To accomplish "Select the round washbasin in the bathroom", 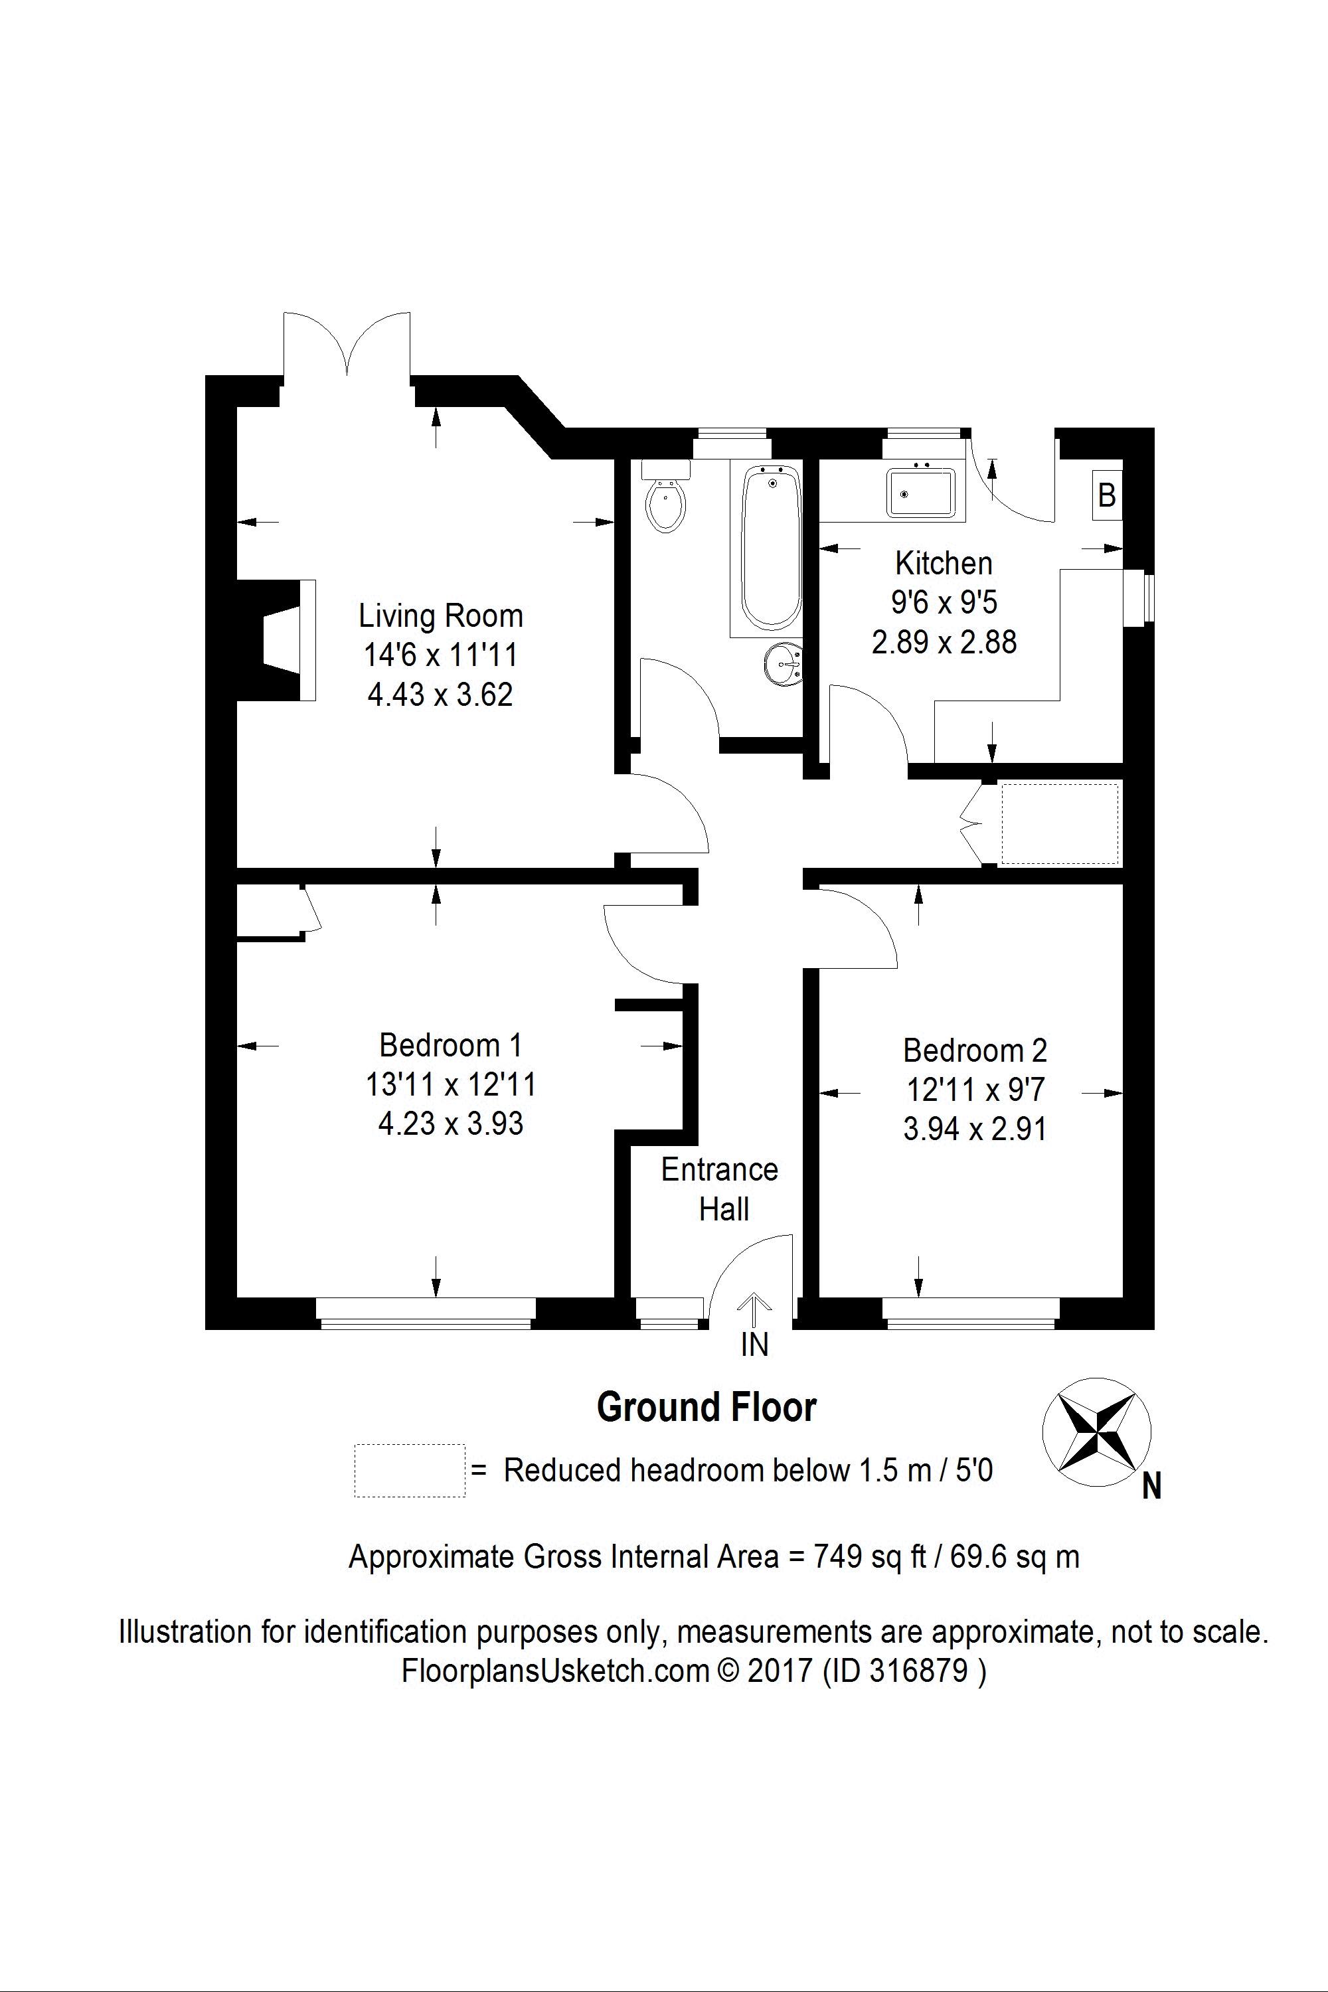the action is click(x=782, y=661).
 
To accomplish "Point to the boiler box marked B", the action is click(x=1106, y=495).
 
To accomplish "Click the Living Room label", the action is click(x=440, y=616).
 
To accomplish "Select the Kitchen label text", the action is click(x=944, y=563).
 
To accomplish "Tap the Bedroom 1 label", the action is click(x=451, y=1045).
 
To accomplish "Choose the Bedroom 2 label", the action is click(x=975, y=1050).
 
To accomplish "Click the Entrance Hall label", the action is click(x=720, y=1189).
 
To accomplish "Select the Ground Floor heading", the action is click(x=706, y=1408).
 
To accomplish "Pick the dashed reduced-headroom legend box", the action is click(x=410, y=1470).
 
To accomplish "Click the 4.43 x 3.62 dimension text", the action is click(x=440, y=695).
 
